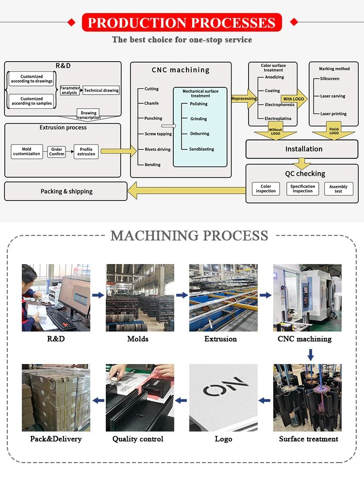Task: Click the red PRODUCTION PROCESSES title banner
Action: click(x=182, y=22)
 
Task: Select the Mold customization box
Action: click(x=27, y=151)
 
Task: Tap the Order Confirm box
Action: click(x=56, y=151)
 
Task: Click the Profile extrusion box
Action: click(x=86, y=151)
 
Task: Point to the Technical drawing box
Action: click(x=101, y=90)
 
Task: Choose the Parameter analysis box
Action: click(x=69, y=90)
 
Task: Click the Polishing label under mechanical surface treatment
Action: click(x=199, y=104)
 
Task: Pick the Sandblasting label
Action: click(x=202, y=149)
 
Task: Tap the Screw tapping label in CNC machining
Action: click(x=158, y=134)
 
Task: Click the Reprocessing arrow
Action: click(x=244, y=99)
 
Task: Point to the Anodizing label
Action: click(x=275, y=77)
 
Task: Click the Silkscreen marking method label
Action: click(x=330, y=79)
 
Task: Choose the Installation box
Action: click(x=303, y=149)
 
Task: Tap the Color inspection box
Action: click(x=266, y=189)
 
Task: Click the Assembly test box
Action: click(x=338, y=189)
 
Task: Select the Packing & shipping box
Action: click(x=66, y=191)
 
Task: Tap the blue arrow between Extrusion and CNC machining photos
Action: click(x=265, y=295)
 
